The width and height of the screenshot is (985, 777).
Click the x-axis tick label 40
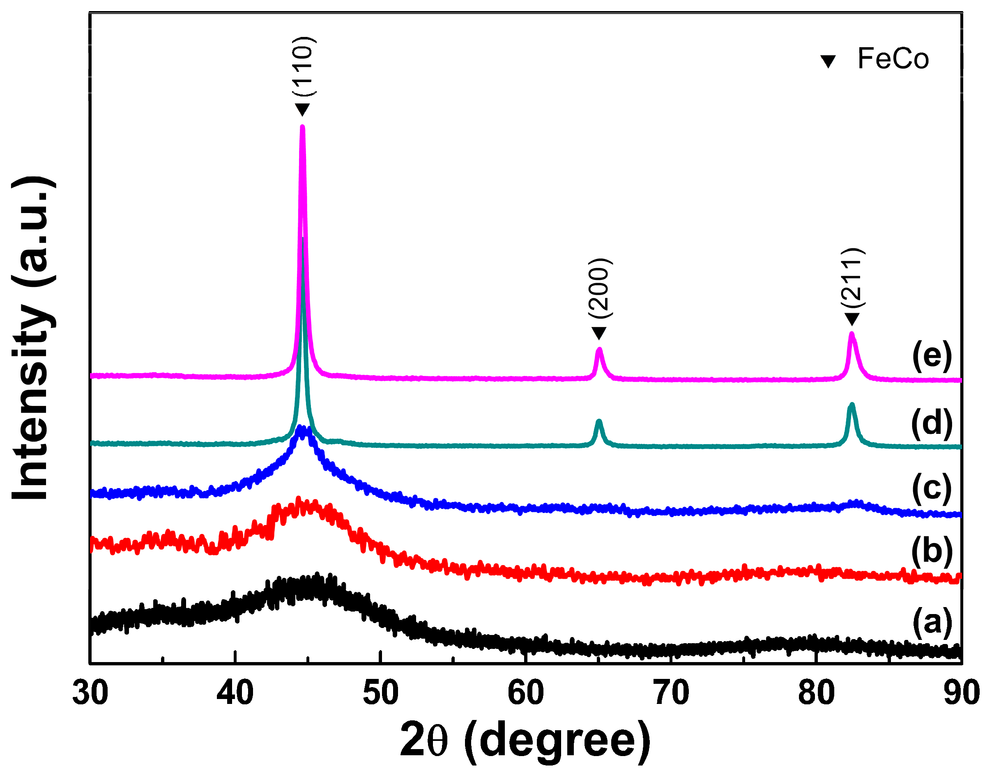click(x=235, y=693)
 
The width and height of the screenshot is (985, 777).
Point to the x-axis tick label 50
click(x=380, y=693)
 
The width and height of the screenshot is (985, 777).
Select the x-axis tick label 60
click(x=526, y=693)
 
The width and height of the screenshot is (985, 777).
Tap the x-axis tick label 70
click(x=671, y=693)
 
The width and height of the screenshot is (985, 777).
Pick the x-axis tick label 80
click(x=817, y=693)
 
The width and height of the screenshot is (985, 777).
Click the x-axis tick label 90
click(x=961, y=693)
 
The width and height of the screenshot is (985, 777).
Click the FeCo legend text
click(x=893, y=59)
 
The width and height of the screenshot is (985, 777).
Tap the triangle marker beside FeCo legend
click(x=828, y=62)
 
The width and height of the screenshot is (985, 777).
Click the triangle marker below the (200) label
click(x=599, y=333)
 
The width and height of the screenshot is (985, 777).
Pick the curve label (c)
click(x=932, y=488)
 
